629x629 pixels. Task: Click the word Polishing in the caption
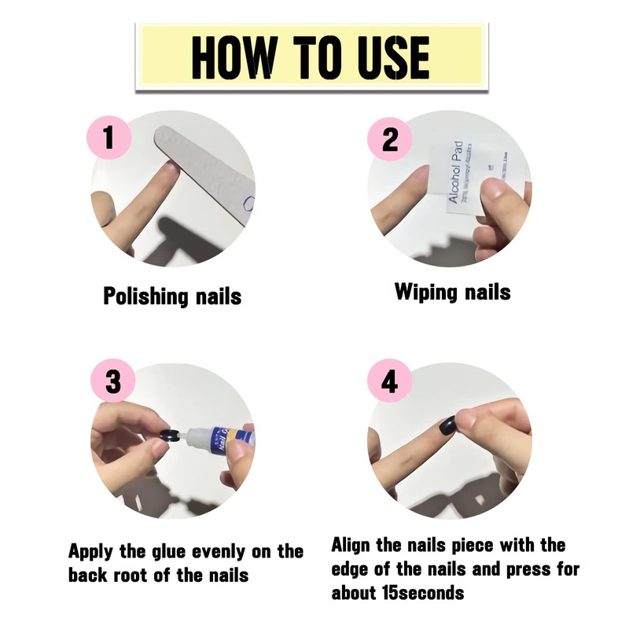click(x=145, y=296)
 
